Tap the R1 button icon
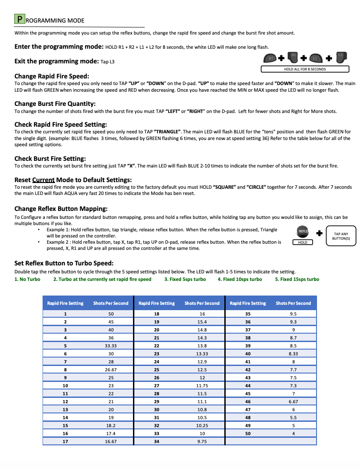coord(270,58)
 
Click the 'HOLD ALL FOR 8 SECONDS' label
coord(305,69)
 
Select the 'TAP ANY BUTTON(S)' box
coord(341,236)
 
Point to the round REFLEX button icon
coord(303,232)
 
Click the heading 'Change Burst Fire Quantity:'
coord(55,104)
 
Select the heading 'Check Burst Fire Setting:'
coord(50,159)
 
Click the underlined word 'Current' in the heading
coord(43,180)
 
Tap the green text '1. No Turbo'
coord(27,279)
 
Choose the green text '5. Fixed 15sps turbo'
coord(297,279)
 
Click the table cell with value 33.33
coord(111,346)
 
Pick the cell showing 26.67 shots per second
coord(111,370)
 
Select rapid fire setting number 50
coord(248,433)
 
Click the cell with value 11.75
coord(202,385)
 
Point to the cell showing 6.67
coord(293,401)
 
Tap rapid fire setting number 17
coord(65,441)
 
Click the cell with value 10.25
coord(202,425)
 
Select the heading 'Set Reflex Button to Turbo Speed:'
coord(64,263)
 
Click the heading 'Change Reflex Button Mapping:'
coord(61,209)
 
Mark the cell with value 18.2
coord(111,425)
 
